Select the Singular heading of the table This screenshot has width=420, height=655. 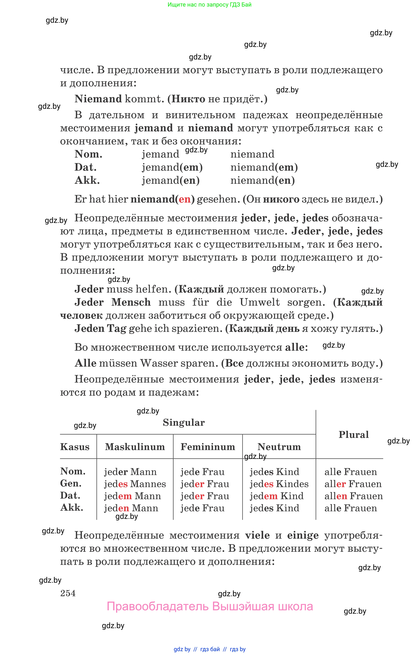coord(184,422)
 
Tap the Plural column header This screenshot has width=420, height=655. coord(353,434)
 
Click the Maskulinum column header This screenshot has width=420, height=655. coord(135,447)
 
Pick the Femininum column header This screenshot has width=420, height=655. coord(208,447)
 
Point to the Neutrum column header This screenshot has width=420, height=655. coord(279,447)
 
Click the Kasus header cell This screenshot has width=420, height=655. coord(75,447)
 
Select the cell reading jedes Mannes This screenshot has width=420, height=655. coord(135,484)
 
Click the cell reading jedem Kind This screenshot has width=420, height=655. coord(277,496)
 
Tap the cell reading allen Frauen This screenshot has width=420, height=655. coord(353,496)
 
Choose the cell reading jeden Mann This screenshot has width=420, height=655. coord(131,508)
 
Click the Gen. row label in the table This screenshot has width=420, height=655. coord(71,483)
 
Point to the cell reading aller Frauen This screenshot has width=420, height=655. coord(353,484)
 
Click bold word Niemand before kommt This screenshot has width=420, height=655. coord(98,99)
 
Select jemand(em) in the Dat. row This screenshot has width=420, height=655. coord(172,167)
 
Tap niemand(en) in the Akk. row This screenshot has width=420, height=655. coord(262,180)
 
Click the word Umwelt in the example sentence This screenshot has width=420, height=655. coord(260,302)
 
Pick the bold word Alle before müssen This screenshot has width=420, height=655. coord(85,363)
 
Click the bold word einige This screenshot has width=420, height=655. coord(303,535)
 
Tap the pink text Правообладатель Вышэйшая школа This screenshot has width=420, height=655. coord(210,606)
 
